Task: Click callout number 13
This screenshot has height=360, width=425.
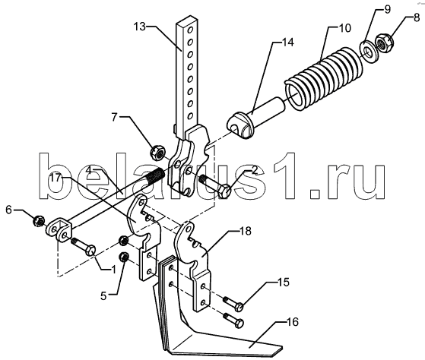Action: click(x=140, y=27)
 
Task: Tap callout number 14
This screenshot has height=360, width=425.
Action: click(x=287, y=43)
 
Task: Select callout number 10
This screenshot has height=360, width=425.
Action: click(x=344, y=28)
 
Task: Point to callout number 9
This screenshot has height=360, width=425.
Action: click(x=387, y=9)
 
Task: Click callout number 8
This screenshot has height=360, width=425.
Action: click(x=416, y=19)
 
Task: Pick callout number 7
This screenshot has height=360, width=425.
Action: click(x=114, y=117)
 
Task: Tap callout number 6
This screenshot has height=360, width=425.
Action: click(x=9, y=210)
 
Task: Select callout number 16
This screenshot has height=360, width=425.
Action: click(x=292, y=322)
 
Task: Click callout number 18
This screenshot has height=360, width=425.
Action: click(x=245, y=231)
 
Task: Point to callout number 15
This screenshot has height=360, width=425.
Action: click(x=283, y=283)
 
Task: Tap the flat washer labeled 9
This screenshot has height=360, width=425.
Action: click(x=367, y=52)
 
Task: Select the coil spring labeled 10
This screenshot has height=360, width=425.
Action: click(x=325, y=78)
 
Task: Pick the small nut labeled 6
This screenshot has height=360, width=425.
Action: click(x=39, y=222)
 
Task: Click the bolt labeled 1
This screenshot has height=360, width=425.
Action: click(x=83, y=246)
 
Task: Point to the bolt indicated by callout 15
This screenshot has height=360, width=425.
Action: click(x=233, y=305)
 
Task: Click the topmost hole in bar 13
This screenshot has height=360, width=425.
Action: click(x=192, y=29)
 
